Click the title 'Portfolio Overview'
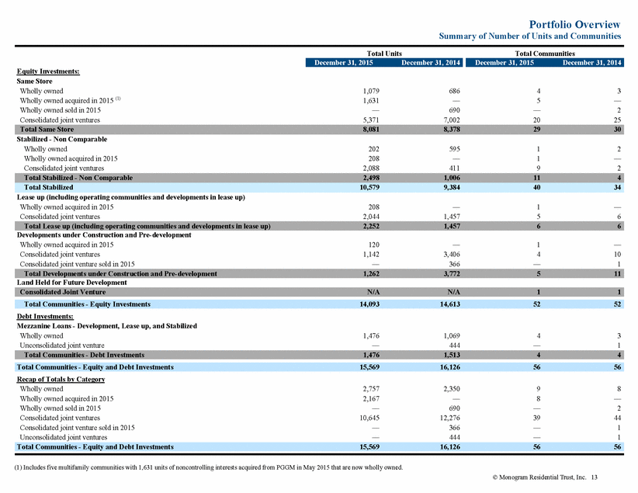[x=574, y=24]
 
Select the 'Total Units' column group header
[x=384, y=54]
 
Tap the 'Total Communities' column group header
[x=545, y=54]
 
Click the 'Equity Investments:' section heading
[x=48, y=71]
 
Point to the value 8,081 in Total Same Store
[x=371, y=130]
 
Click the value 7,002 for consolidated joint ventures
[x=452, y=120]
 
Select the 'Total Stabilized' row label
[x=48, y=187]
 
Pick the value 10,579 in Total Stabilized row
[x=369, y=187]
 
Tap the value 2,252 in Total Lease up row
[x=371, y=226]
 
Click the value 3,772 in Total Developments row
[x=452, y=273]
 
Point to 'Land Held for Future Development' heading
[x=71, y=283]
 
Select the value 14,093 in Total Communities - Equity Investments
[x=369, y=304]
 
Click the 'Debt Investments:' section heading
[x=45, y=316]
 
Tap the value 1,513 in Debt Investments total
[x=452, y=355]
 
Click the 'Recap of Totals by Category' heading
[x=61, y=380]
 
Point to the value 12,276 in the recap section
[x=450, y=418]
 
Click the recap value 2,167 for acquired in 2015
[x=371, y=398]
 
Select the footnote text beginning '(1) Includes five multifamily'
[x=209, y=467]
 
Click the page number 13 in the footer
[x=594, y=477]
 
